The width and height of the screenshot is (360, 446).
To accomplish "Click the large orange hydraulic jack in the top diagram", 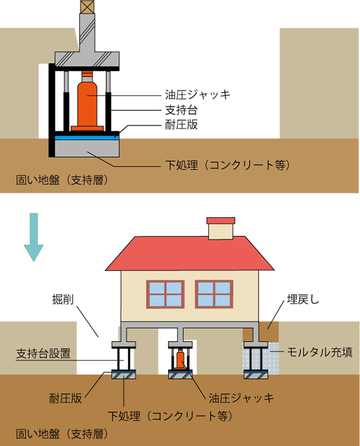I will pyautogui.click(x=87, y=102).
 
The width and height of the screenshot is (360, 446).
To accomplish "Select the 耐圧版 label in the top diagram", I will pyautogui.click(x=181, y=125).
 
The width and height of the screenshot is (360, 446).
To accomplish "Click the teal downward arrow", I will pyautogui.click(x=34, y=237).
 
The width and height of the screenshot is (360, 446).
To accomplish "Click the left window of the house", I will pyautogui.click(x=165, y=294).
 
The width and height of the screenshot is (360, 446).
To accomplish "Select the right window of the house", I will pyautogui.click(x=214, y=294).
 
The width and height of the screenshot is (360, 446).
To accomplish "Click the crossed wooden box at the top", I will pyautogui.click(x=87, y=7).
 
